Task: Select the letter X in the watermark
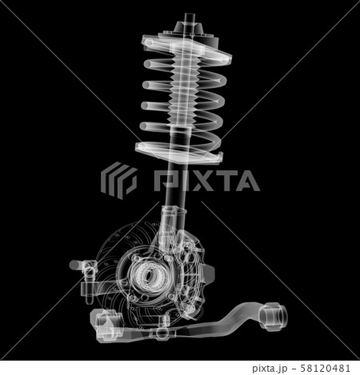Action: pyautogui.click(x=195, y=181)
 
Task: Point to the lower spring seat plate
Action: pyautogui.click(x=178, y=146)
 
